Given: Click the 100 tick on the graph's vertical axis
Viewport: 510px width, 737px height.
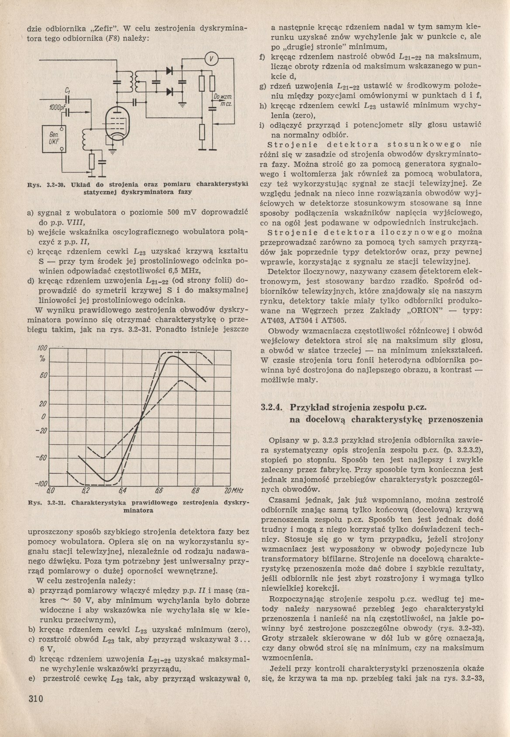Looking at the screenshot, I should coord(41,348).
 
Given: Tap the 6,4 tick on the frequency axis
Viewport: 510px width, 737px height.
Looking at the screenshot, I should coord(122,490).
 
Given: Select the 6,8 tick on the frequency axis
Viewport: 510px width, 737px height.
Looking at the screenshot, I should coord(196,490).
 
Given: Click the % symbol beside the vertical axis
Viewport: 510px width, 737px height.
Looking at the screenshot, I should coord(42,359).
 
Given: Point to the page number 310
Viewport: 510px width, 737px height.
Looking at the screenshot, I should coord(35,699).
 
